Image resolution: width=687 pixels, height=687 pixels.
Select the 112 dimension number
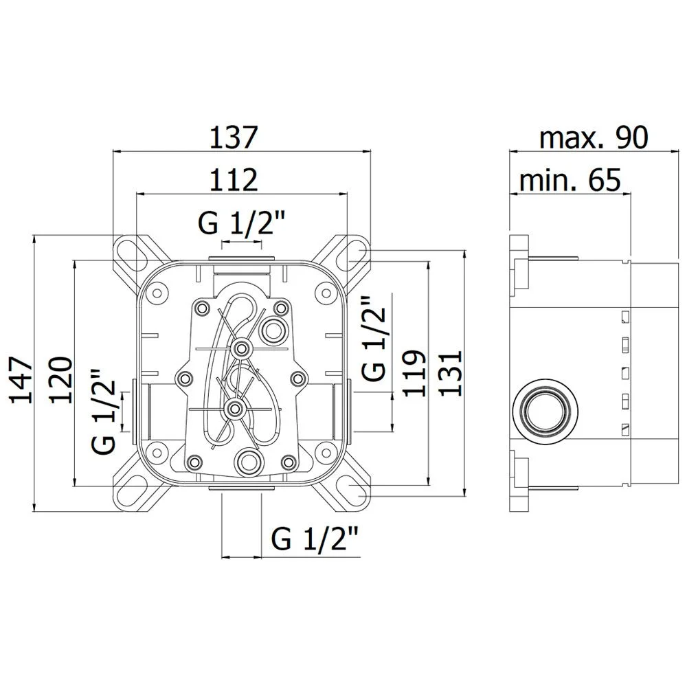pos(234,180)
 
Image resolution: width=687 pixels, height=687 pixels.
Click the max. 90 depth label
pos(593,137)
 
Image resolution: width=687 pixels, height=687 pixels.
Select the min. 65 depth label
pos(570,181)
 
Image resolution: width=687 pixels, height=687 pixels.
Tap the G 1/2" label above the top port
pos(242,224)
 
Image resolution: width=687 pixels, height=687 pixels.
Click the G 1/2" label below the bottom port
pos(315,539)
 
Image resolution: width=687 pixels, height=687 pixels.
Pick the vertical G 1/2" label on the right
pos(374,339)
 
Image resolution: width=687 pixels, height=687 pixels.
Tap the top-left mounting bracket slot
pos(132,254)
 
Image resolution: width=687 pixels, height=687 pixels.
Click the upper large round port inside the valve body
pos(274,329)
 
